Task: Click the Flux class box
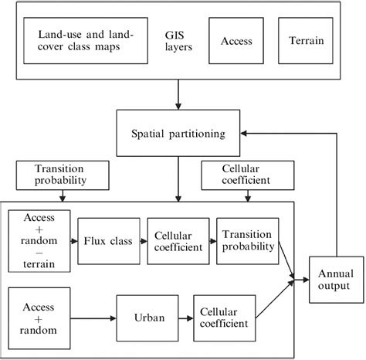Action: click(108, 241)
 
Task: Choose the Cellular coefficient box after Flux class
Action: click(178, 241)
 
